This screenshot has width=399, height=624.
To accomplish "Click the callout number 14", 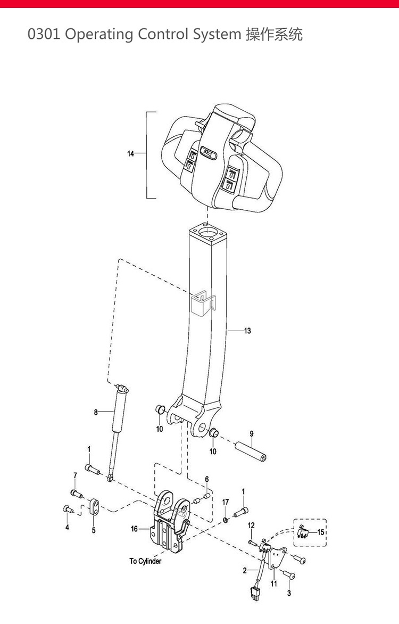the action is point(130,154).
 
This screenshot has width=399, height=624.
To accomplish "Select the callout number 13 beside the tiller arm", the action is point(247,331).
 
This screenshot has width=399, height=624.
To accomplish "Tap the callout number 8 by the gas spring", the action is point(95,412).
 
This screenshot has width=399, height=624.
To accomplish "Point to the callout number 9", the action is point(252,433).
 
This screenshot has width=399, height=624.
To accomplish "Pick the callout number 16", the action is point(135,529).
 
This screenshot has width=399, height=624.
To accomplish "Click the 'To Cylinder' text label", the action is point(146,561).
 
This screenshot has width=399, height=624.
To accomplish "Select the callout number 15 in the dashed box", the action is point(321,532).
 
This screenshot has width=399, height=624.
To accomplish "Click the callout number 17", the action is point(226,502).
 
